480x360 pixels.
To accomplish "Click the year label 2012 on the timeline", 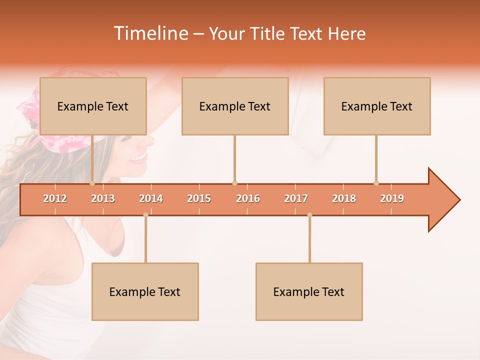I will tap(55, 198).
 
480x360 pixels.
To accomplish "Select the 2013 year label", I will tap(103, 198).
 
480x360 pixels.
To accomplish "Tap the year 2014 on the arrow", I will tap(151, 198).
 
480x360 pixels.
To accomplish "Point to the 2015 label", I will tap(199, 198).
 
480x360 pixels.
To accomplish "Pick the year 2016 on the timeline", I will tap(248, 198).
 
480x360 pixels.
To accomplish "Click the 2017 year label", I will tap(296, 198).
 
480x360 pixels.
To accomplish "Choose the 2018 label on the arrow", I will tap(344, 198).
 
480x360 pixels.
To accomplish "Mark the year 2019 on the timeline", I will tap(392, 198).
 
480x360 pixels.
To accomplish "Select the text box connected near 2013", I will tap(93, 106).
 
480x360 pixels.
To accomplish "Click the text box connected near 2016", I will tap(235, 106).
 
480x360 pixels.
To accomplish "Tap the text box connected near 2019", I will tap(377, 106).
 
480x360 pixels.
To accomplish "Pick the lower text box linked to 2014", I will tap(145, 291).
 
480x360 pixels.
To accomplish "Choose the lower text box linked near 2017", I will tap(309, 291).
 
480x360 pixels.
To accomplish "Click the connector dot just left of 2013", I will tap(92, 183).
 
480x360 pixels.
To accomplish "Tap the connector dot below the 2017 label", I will tap(309, 215).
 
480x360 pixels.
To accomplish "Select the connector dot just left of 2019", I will tap(376, 183).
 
